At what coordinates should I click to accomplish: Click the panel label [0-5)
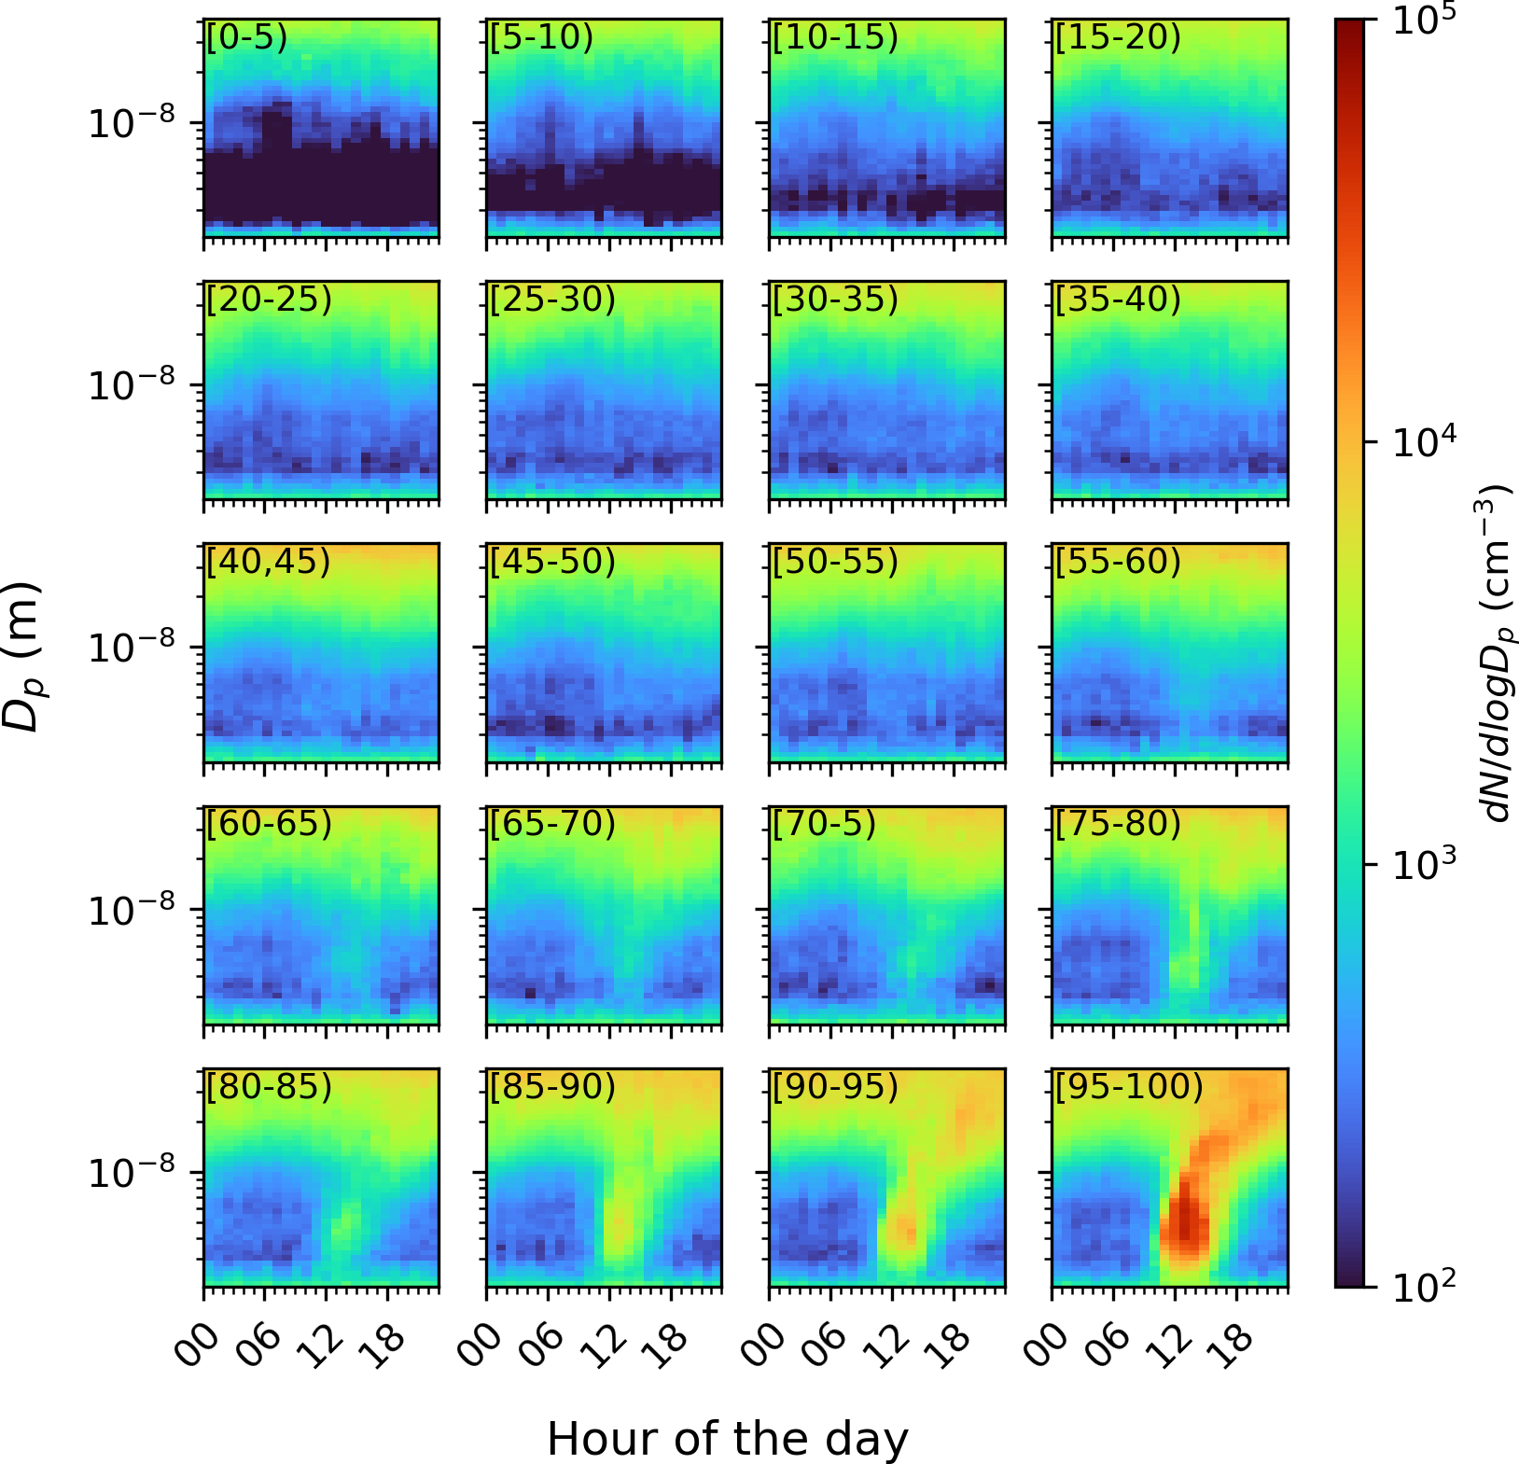(247, 38)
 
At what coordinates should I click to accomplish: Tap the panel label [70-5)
(824, 825)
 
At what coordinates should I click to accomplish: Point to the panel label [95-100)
(1129, 1087)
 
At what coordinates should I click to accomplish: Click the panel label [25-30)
(552, 300)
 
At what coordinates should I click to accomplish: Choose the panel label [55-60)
(1118, 563)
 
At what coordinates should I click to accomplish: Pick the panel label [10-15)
(835, 38)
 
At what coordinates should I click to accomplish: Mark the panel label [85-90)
(552, 1087)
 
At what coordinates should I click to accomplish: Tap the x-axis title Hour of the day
(727, 1439)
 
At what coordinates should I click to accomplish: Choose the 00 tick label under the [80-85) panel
(198, 1344)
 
